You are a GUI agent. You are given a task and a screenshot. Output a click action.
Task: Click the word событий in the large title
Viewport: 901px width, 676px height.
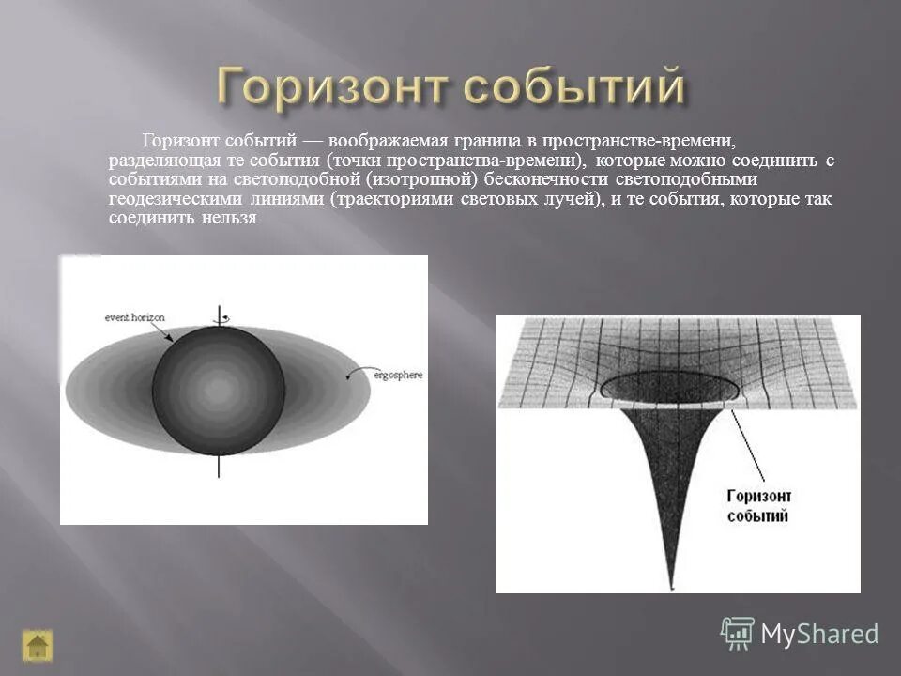(573, 88)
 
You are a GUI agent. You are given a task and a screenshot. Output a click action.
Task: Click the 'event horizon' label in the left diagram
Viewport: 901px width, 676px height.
(134, 318)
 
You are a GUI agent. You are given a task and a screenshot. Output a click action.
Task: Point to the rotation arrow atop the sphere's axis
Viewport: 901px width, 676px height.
(221, 318)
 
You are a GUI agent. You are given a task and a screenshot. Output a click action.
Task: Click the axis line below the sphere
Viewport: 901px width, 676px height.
(221, 467)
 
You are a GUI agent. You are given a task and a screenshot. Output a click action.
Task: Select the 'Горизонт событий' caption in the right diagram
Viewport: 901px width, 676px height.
(758, 505)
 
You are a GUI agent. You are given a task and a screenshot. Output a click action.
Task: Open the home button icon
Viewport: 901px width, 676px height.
(38, 646)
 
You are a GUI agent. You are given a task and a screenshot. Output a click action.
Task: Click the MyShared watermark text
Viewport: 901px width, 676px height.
(819, 634)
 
